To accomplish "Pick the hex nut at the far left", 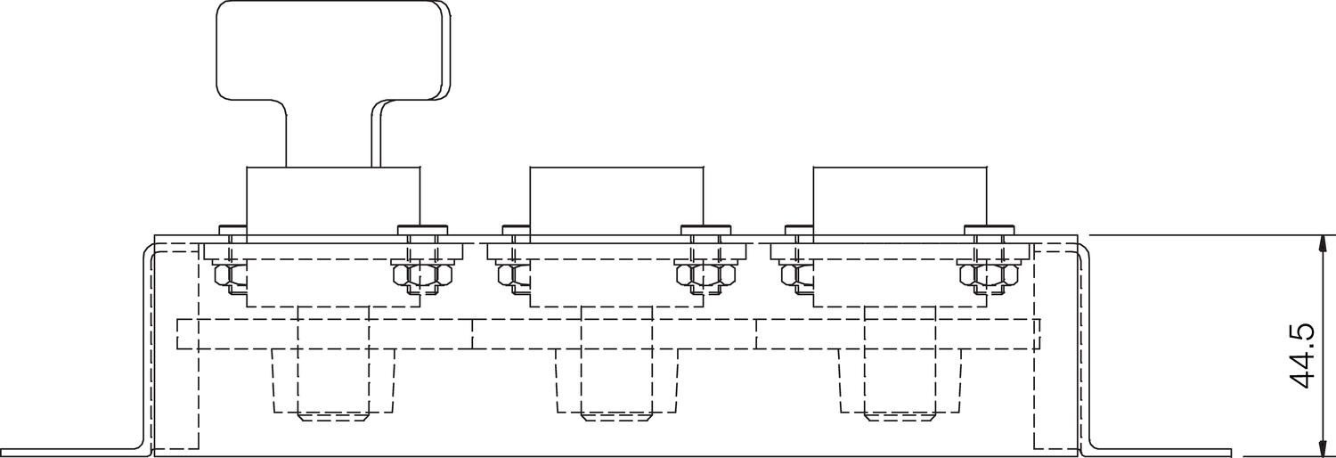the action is pos(230,275).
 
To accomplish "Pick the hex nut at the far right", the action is pos(989,275).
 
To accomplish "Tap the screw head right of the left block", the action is pos(422,228).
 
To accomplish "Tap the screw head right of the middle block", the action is pos(705,228).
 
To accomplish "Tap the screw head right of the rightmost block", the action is pos(989,228).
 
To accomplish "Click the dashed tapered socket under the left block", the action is pos(333,381).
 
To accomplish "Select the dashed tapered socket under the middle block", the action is pos(616,381).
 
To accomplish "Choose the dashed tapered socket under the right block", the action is pos(900,381).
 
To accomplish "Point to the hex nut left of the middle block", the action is pos(513,275).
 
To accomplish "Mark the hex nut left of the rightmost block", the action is pos(796,275).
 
